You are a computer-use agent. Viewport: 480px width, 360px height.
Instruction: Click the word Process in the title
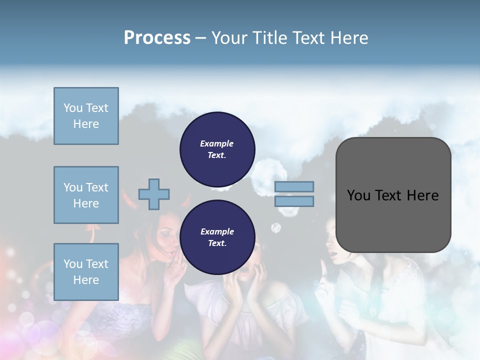click(157, 38)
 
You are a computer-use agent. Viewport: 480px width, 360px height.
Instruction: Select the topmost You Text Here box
click(86, 116)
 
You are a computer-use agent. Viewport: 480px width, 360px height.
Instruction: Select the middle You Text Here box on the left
click(86, 195)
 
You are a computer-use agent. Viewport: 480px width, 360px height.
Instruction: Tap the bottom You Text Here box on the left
click(86, 272)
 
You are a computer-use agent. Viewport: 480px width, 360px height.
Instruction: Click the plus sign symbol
click(154, 194)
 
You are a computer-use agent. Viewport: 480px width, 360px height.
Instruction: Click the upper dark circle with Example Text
click(217, 149)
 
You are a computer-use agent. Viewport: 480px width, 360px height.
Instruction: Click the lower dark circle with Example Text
click(217, 237)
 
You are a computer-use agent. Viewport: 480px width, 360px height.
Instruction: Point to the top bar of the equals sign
click(294, 187)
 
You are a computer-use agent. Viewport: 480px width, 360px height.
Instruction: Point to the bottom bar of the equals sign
click(294, 201)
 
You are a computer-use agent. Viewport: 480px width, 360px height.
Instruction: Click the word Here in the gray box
click(422, 195)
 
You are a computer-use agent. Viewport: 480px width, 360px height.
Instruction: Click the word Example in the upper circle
click(217, 143)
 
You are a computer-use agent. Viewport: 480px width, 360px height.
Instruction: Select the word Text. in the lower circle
click(217, 243)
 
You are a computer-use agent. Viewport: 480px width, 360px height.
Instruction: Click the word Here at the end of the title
click(349, 38)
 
